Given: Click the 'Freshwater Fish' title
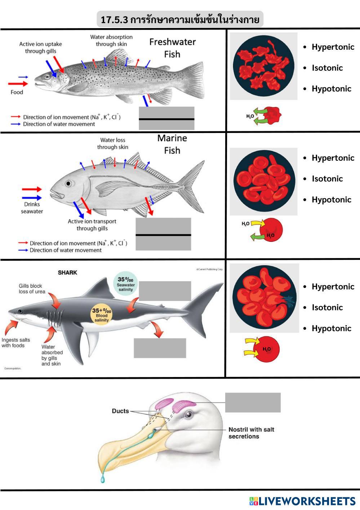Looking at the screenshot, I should (172, 48).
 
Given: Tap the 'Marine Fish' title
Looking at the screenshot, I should (172, 144).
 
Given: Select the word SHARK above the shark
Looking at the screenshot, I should (67, 272).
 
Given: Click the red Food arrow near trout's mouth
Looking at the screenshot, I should (18, 84).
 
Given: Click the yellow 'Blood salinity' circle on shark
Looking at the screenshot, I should (102, 315).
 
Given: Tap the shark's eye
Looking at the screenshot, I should (20, 311).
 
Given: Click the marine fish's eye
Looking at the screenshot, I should (68, 184).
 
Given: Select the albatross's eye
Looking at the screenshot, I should (188, 414).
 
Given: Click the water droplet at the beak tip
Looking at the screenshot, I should (103, 479).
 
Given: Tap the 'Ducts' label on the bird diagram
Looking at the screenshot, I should (120, 411).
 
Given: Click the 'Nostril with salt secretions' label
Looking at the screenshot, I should (251, 433).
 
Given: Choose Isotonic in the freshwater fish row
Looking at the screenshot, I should (327, 68).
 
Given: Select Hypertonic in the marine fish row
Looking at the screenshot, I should (333, 158).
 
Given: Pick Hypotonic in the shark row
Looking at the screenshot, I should (332, 328).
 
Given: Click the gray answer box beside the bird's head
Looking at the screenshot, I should (253, 403).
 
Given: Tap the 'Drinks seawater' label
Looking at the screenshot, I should (32, 208).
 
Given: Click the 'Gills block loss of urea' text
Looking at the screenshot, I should (32, 289).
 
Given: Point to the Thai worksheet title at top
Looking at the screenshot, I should (180, 19).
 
